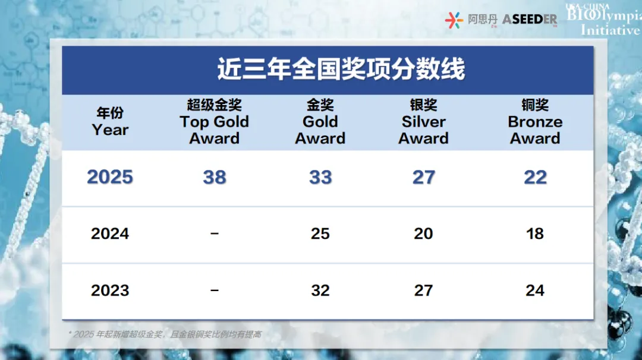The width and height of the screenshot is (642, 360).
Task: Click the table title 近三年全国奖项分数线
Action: [341, 70]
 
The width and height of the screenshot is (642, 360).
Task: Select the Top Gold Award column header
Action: [214, 122]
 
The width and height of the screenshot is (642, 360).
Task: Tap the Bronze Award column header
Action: [535, 122]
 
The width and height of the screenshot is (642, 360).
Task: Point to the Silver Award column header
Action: [423, 122]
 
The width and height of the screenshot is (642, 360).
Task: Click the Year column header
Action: [110, 122]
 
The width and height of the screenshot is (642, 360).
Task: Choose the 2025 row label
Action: [110, 177]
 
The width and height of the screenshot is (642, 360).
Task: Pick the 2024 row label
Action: [110, 234]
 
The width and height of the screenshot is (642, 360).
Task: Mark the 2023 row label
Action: [110, 290]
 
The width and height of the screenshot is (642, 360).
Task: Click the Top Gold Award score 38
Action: [215, 177]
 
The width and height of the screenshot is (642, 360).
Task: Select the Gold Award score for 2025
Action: [320, 177]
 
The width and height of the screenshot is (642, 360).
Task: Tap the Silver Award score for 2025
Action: [423, 177]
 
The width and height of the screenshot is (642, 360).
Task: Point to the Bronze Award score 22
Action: [535, 177]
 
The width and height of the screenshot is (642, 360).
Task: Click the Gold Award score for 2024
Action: [320, 234]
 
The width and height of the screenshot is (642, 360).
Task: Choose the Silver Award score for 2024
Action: [423, 234]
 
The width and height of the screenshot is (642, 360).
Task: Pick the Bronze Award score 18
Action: [535, 234]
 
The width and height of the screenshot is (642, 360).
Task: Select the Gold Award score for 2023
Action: [320, 290]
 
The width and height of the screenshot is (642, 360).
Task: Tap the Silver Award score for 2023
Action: [423, 290]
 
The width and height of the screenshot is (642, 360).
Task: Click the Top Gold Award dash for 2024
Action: [215, 234]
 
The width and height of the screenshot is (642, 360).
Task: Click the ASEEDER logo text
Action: [530, 20]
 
